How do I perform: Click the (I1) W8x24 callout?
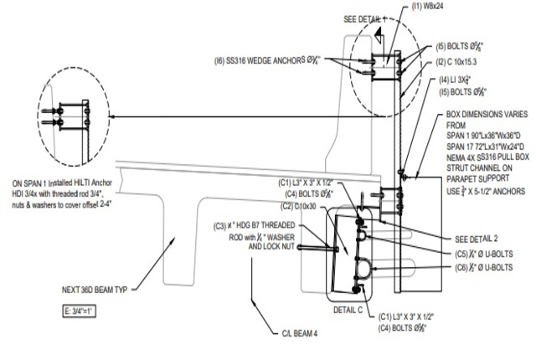[x=430, y=8]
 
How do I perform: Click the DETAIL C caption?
[x=348, y=309]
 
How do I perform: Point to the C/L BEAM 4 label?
[x=300, y=333]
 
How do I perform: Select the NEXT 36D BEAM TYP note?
[x=94, y=289]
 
